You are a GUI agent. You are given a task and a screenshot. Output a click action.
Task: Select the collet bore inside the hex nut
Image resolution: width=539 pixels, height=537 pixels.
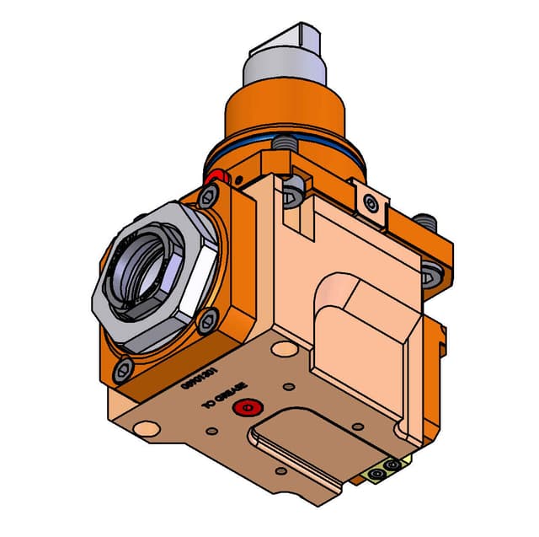(x=143, y=275)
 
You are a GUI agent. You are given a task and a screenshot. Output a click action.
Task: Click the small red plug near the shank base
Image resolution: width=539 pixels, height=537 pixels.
(x=221, y=176)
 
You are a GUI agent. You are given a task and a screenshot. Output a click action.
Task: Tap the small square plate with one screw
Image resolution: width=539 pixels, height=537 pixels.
(x=368, y=201)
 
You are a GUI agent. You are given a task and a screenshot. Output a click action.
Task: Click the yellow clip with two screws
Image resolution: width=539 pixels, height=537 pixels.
(x=387, y=469)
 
